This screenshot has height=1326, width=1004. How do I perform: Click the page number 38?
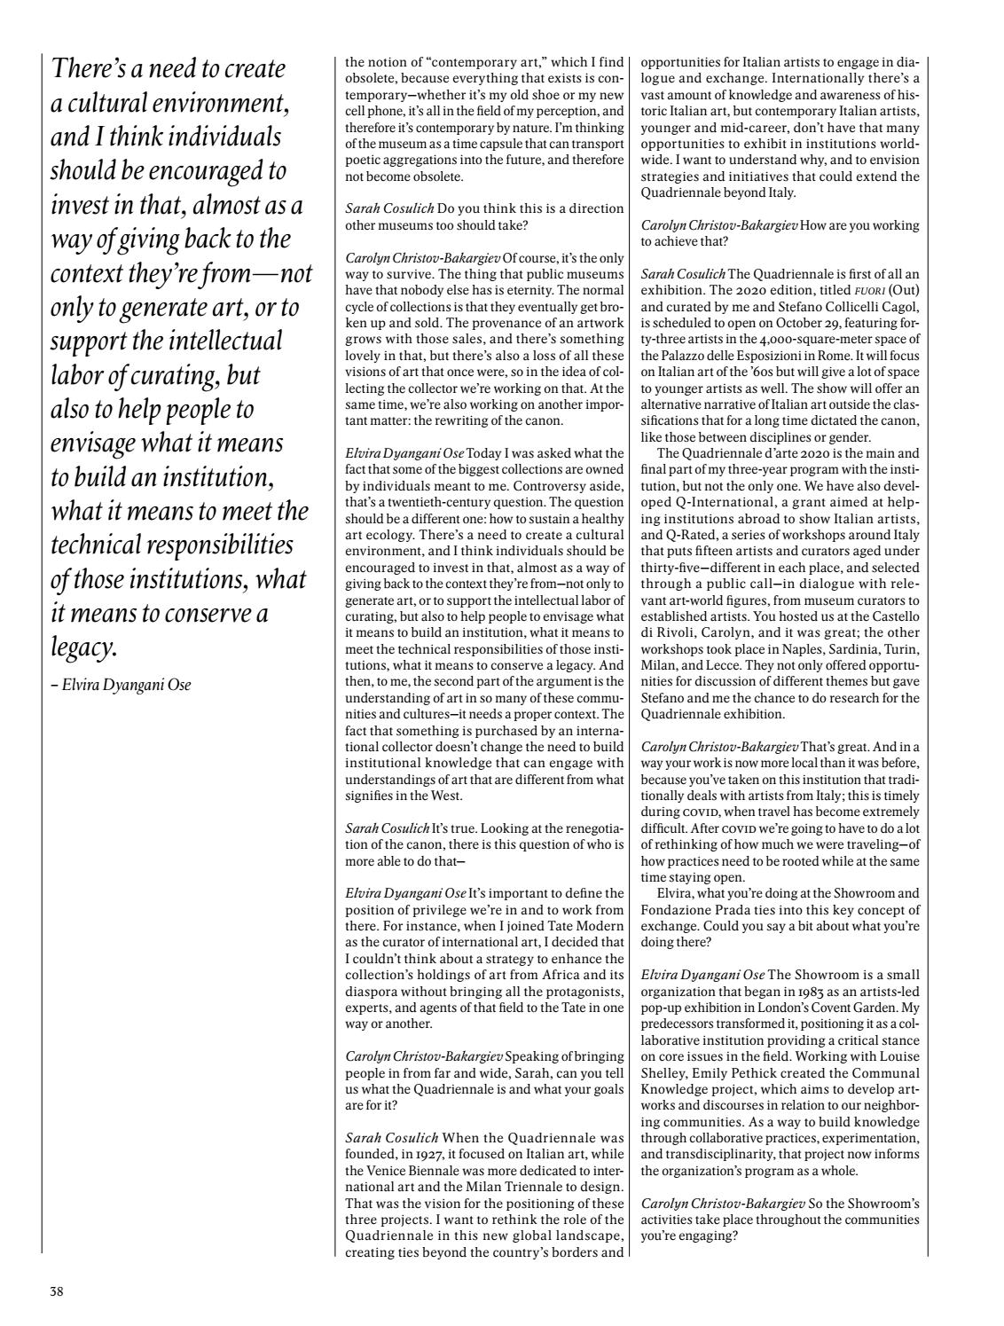pos(56,1291)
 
